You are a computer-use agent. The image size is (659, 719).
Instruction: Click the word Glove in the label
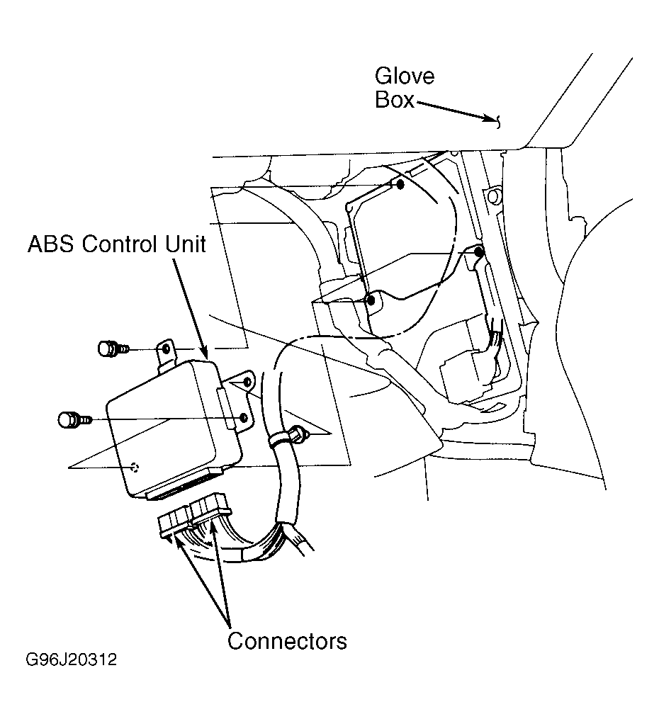point(405,76)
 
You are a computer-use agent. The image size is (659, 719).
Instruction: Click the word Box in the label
point(395,99)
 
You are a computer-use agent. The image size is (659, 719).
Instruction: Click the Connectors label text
point(287,640)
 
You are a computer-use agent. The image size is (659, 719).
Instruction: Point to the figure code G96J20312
point(72,659)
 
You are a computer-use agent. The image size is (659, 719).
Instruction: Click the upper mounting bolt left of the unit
point(113,349)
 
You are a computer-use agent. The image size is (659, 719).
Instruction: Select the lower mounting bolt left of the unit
point(75,419)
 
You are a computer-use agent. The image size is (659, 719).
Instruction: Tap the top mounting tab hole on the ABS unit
point(167,349)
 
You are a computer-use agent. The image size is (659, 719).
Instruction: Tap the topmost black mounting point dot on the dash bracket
point(400,185)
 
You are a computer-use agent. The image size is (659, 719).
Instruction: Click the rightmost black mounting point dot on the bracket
point(479,251)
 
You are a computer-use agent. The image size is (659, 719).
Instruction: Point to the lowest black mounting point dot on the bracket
point(371,301)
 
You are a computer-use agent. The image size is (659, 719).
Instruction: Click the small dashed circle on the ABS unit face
point(135,468)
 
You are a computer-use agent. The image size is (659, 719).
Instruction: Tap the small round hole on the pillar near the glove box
point(493,198)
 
